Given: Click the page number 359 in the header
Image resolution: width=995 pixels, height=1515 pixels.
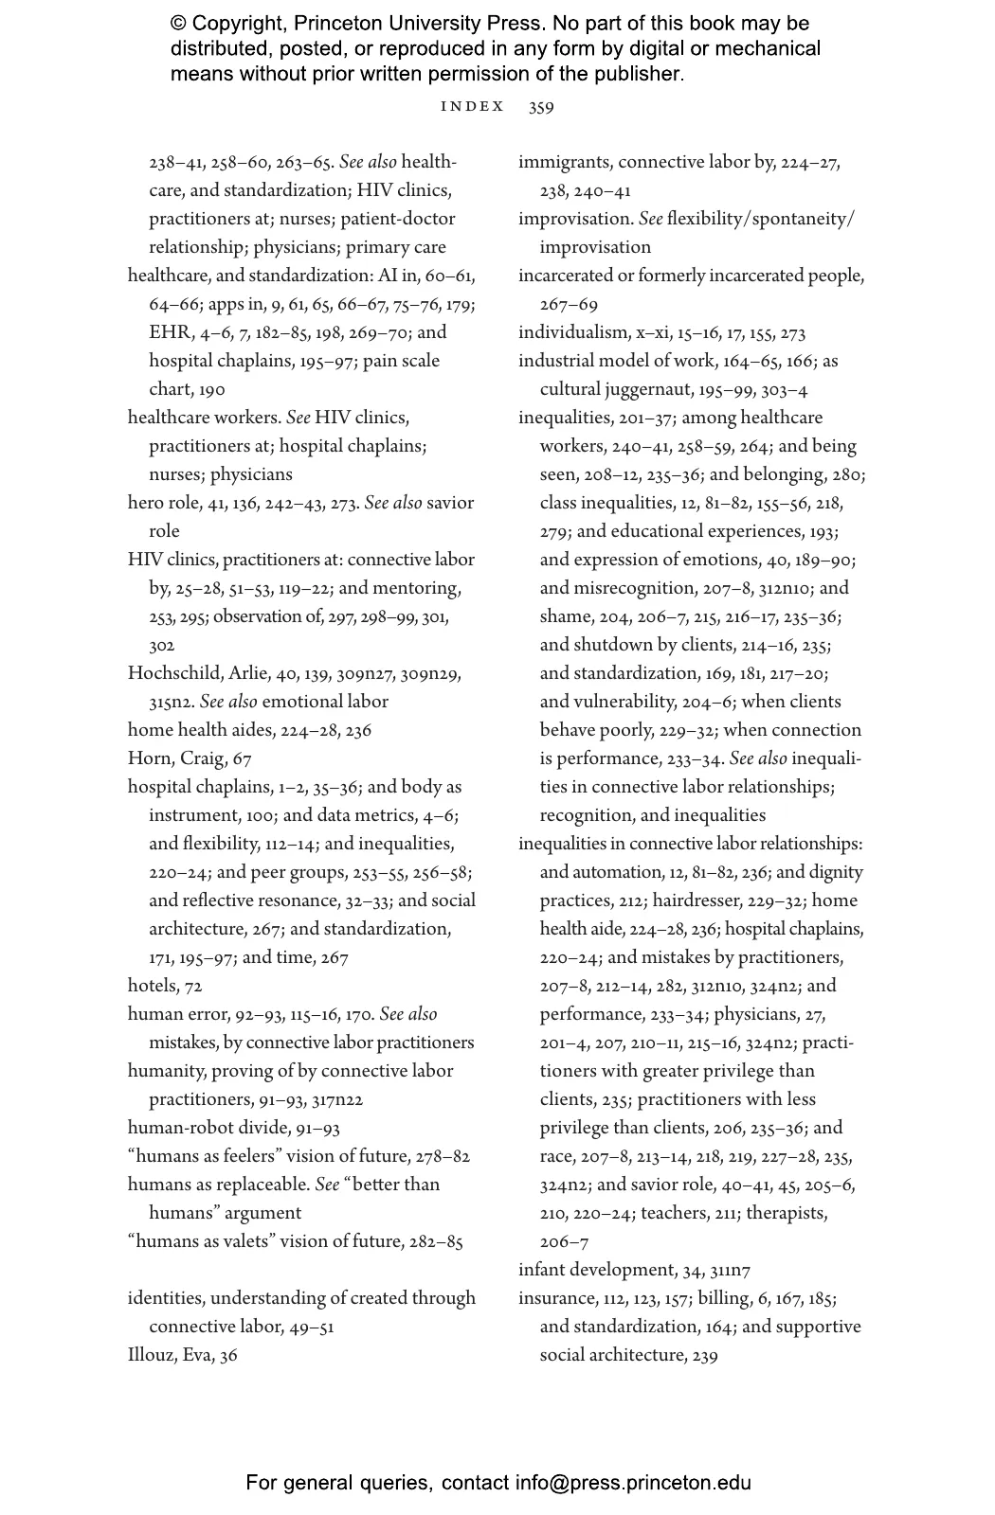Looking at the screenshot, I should (541, 107).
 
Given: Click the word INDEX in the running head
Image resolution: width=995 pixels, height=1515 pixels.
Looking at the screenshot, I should (472, 107).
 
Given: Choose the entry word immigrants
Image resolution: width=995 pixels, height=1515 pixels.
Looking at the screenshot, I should (564, 162).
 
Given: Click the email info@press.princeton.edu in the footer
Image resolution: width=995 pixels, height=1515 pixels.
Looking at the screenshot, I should (633, 1483).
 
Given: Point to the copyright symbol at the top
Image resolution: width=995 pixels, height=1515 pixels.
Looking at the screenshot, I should (178, 24).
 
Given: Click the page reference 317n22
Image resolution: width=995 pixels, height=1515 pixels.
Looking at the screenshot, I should (337, 1099).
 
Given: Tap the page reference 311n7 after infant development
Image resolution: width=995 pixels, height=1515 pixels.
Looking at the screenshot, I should (730, 1270).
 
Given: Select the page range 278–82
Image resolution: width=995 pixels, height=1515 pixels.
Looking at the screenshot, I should (443, 1156).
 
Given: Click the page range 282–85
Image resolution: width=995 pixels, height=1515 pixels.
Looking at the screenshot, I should (436, 1241).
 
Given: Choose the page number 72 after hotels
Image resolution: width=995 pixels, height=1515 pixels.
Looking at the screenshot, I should (193, 986).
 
